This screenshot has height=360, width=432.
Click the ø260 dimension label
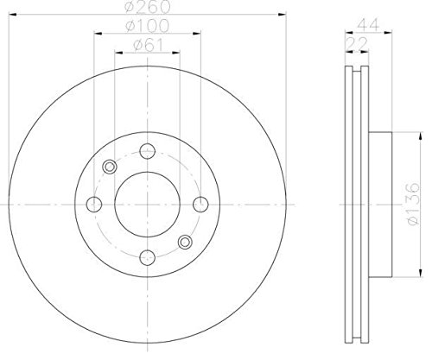(148, 7)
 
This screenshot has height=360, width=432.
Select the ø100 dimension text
(147, 26)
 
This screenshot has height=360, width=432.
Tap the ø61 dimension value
(149, 45)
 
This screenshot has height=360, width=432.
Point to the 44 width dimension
(367, 25)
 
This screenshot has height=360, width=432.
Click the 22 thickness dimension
(357, 44)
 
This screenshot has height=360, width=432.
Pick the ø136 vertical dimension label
(412, 204)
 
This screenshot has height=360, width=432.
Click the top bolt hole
(148, 151)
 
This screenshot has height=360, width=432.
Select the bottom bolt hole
(148, 257)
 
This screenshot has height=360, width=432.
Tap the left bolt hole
(94, 205)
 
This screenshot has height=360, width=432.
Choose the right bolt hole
(200, 205)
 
